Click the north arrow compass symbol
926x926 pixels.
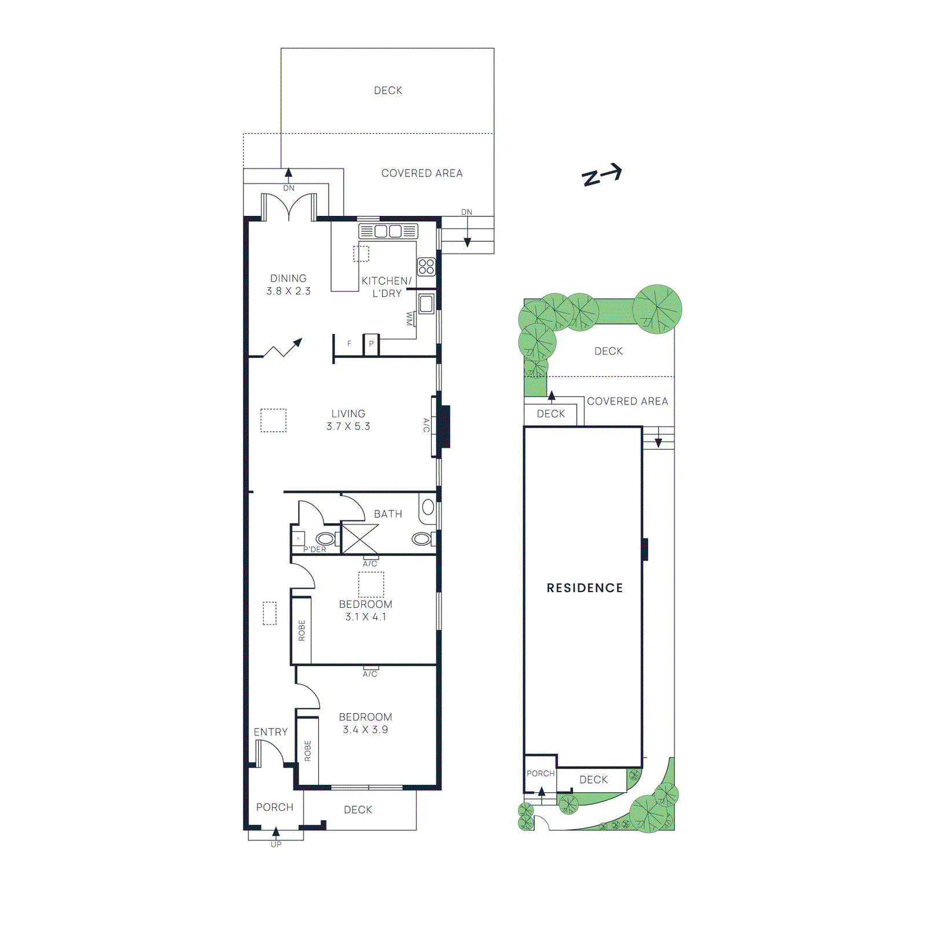click(x=602, y=175)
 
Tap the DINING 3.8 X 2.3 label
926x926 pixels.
click(x=288, y=285)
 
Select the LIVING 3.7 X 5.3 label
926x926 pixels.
click(x=348, y=420)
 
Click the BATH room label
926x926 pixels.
click(x=388, y=514)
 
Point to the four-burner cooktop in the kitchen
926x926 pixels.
click(x=426, y=267)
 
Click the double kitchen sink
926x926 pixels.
click(x=388, y=231)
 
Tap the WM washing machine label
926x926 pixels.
click(x=410, y=319)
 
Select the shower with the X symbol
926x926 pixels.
click(x=359, y=539)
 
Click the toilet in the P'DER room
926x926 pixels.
click(x=325, y=539)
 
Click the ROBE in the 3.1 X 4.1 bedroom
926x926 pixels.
click(x=301, y=630)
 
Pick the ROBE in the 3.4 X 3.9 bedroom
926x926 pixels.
click(x=307, y=751)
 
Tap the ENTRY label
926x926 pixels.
click(x=270, y=732)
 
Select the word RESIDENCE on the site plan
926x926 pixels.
click(x=585, y=588)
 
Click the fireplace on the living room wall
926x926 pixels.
click(x=443, y=426)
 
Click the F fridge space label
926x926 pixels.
click(x=349, y=344)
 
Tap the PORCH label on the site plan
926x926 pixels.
click(x=540, y=773)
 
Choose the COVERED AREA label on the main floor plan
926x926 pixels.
click(x=421, y=173)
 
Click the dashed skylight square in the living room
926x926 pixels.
click(x=273, y=421)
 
